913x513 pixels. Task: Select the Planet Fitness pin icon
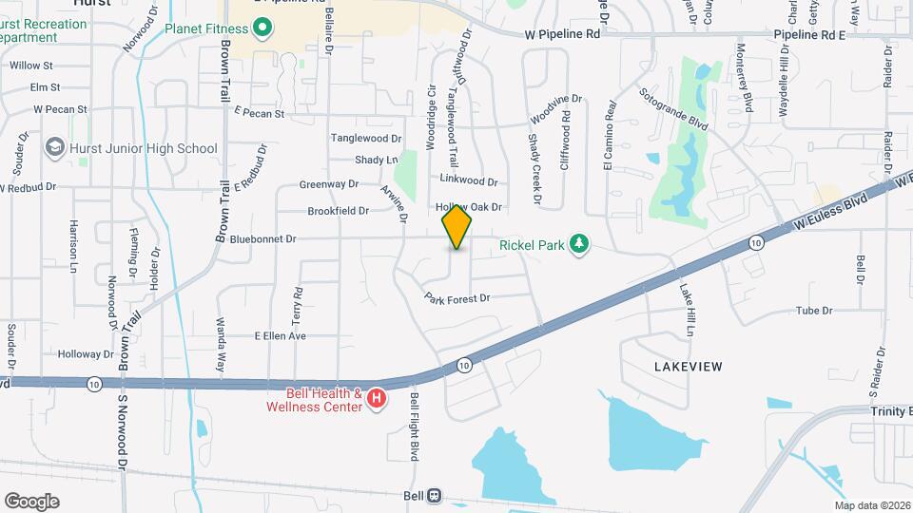263,28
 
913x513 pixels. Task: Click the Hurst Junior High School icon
55,148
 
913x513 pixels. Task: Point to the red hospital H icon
377,399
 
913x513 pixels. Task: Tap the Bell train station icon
435,495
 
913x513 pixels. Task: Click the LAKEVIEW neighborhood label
689,366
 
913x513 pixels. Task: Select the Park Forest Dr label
457,297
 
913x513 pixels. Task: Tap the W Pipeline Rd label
563,34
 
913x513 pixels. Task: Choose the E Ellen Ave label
280,335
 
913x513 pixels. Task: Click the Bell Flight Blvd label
415,427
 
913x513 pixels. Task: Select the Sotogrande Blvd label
674,111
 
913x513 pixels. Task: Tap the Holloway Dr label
85,353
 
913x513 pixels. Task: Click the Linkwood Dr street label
469,180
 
